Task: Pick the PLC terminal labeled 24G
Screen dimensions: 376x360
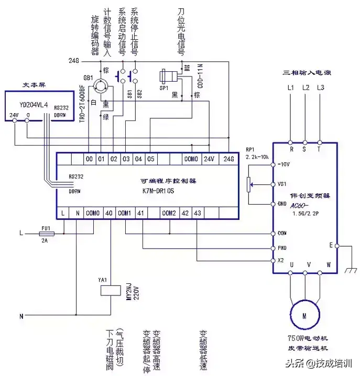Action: pos(228,158)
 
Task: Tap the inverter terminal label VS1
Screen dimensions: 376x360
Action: pos(281,184)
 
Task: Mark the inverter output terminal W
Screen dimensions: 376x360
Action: pos(329,265)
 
